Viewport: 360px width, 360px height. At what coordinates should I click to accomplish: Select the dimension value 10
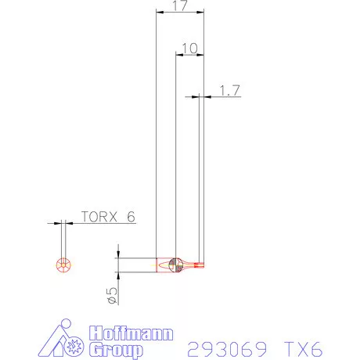coord(189,49)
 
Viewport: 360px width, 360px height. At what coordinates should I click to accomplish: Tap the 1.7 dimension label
coord(228,91)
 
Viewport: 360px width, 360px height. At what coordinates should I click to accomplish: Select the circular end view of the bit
coord(63,265)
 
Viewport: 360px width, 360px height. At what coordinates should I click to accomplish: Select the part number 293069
coord(223,347)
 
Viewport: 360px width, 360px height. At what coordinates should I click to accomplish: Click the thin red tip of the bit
coord(200,265)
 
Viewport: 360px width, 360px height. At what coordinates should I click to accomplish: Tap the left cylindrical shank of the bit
coord(162,266)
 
